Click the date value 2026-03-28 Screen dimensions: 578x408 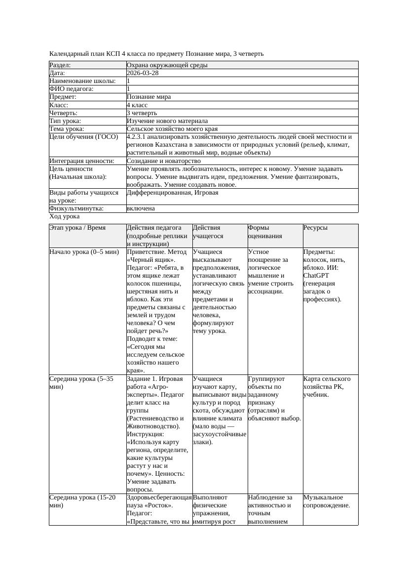143,73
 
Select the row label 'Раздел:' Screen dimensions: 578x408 60,65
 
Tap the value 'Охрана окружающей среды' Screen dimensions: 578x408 167,65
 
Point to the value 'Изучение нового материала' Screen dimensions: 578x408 167,121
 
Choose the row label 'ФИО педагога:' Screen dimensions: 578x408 72,89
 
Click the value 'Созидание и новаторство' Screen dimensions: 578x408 163,161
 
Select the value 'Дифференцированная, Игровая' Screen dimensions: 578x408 172,193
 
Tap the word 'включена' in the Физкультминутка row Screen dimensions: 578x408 141,208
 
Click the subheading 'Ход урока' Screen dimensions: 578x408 65,216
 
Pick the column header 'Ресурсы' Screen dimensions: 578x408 315,228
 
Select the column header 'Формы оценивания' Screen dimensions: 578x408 265,232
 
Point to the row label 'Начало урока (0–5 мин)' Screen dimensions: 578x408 84,252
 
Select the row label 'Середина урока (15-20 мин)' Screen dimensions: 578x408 82,501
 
